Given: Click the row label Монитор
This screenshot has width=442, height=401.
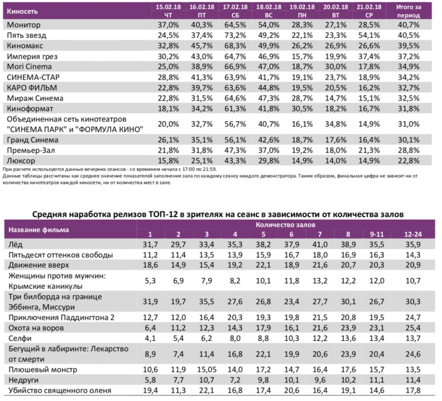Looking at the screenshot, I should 24,25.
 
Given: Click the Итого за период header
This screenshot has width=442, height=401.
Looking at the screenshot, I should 408,11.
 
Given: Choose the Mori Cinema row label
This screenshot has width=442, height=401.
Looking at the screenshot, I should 29,66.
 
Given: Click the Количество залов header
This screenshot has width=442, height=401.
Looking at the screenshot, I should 285,225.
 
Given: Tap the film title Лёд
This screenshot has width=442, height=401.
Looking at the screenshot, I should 16,244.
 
